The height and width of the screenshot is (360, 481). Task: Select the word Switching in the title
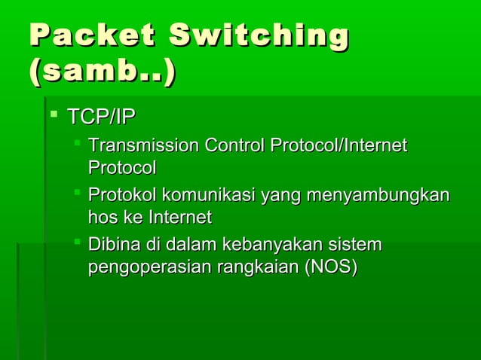[259, 37]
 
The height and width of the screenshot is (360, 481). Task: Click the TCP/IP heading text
[102, 117]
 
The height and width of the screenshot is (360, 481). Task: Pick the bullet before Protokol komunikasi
[77, 194]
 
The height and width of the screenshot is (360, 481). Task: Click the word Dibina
[111, 245]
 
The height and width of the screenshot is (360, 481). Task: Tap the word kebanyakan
[280, 245]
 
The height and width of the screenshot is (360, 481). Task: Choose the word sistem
[357, 245]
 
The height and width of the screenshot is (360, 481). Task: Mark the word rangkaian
[255, 267]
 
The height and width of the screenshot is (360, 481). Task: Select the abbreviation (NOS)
[329, 267]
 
